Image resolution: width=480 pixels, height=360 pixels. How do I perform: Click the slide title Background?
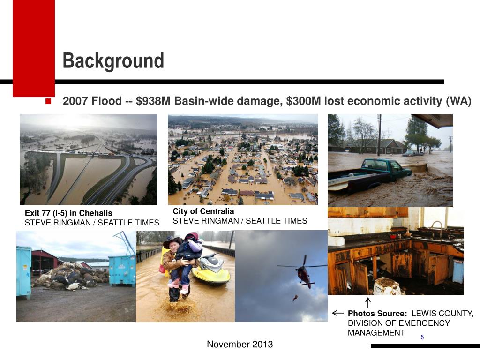pos(113,61)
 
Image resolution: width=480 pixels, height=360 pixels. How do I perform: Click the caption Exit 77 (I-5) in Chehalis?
pos(68,213)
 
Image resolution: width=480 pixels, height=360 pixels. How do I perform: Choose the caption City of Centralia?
pos(203,211)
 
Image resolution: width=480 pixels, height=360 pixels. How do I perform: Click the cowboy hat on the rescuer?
pos(172,241)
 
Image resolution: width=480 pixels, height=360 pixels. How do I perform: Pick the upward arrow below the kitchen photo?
pos(368,302)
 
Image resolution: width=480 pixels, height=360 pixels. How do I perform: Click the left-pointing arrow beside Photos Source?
pos(337,313)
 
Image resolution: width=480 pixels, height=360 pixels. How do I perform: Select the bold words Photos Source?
pos(377,314)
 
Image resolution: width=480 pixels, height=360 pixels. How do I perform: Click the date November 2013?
pos(240,345)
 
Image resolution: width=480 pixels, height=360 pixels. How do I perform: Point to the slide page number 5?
pos(422,337)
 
